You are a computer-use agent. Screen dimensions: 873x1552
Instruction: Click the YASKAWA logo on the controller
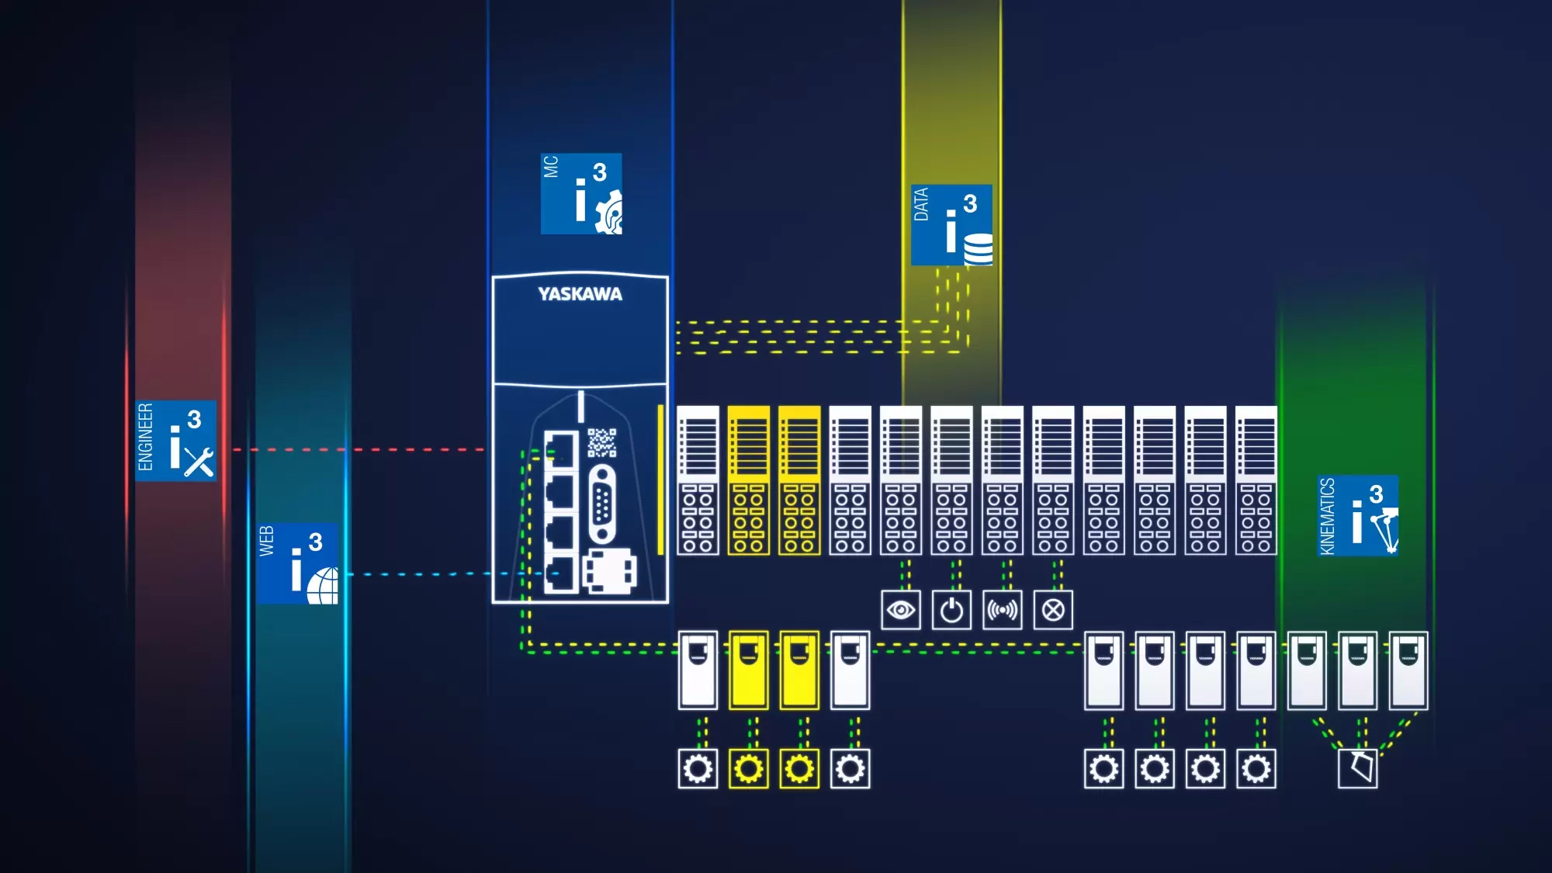580,294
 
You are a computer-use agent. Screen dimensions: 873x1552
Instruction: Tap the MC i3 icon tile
581,194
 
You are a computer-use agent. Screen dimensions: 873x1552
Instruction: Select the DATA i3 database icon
951,225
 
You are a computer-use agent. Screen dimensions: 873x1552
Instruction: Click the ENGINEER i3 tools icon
176,441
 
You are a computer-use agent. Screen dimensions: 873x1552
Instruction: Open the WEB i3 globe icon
298,564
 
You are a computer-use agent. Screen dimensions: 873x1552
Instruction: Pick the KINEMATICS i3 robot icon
1358,515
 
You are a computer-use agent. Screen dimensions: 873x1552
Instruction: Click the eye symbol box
901,611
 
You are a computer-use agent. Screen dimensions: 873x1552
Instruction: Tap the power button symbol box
951,611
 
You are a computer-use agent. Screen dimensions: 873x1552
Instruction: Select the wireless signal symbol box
1002,611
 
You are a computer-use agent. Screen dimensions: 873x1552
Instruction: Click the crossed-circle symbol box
1053,611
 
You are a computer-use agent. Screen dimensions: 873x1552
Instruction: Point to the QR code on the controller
601,442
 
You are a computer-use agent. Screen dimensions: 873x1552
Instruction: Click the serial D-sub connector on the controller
602,504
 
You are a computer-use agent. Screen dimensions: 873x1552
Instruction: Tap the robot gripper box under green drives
1358,768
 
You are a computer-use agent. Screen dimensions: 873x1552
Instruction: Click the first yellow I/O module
749,480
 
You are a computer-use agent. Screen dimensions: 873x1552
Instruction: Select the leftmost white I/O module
698,480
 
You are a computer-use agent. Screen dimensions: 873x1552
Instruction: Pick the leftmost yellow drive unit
749,670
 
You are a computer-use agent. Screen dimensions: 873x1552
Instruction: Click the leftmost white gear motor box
698,768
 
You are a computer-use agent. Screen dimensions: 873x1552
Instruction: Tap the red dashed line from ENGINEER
357,449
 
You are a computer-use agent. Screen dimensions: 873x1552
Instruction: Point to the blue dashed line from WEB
419,574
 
